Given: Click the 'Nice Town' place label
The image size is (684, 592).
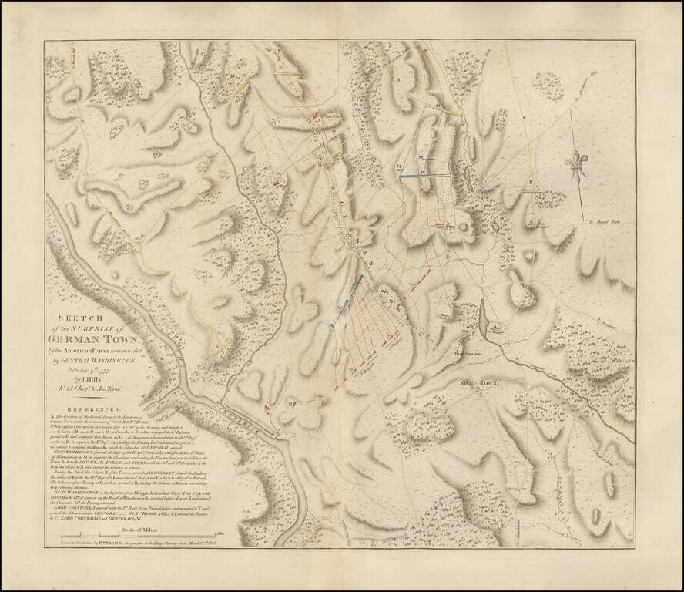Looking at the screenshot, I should [477, 382].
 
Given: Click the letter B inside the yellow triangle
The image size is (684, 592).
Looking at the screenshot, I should [531, 182].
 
